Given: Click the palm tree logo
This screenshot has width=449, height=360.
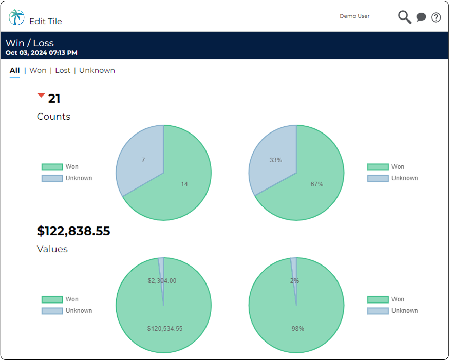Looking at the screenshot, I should [x=16, y=17].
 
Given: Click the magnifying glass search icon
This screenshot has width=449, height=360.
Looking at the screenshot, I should [x=405, y=17].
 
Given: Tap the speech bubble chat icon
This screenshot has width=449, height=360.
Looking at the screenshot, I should [x=421, y=17].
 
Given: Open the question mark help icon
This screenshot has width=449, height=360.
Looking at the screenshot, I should [x=436, y=17].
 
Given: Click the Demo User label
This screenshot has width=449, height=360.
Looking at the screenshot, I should [x=354, y=16].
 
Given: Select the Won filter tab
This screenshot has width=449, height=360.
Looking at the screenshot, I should [x=38, y=70].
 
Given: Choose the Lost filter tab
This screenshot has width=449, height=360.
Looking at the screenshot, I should [x=63, y=70].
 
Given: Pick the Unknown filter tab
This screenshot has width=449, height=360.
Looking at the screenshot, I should [x=97, y=70].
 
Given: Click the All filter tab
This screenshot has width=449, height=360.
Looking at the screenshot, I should [x=14, y=70].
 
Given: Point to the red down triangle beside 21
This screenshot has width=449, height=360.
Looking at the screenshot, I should [x=41, y=96].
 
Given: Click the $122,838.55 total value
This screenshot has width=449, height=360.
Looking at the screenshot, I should [x=73, y=231].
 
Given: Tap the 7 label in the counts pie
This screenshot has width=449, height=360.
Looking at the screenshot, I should [x=143, y=160].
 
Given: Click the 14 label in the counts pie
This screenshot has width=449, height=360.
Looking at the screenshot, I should [x=184, y=184].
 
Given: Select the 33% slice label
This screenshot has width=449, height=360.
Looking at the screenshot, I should [x=276, y=160].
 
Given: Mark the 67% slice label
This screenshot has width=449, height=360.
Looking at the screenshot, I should [x=317, y=184].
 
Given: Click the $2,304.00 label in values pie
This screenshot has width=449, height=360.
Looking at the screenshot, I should [x=162, y=281].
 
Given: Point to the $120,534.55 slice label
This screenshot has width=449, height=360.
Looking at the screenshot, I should [x=165, y=328].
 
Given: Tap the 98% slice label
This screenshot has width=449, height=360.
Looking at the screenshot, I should [x=298, y=328].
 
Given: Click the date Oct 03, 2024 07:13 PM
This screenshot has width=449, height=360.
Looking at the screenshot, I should [x=42, y=53].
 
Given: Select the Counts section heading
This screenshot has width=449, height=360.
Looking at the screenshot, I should [x=53, y=117].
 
